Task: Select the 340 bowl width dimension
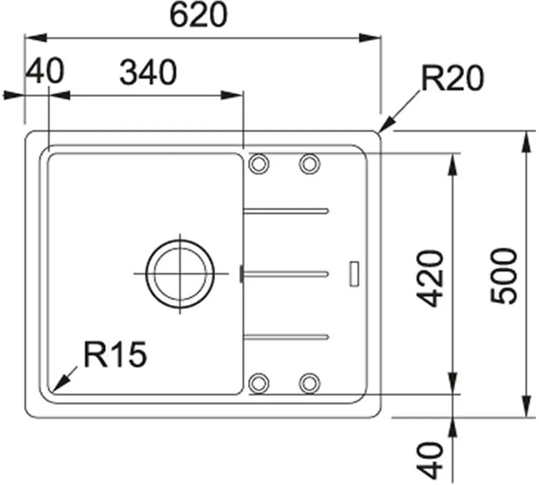coord(148,73)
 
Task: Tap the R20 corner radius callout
coord(452,79)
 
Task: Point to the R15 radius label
coord(115,354)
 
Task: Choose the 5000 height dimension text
coord(504,276)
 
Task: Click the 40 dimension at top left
coord(45,72)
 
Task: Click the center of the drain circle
coord(180,273)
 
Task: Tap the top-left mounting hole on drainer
coord(258,163)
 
